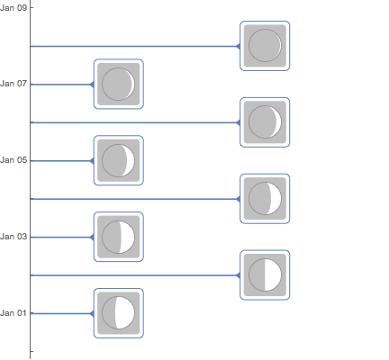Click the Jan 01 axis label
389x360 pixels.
[14, 313]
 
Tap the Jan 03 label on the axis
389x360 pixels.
[14, 237]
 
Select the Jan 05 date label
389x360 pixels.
[14, 160]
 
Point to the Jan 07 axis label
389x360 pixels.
[14, 84]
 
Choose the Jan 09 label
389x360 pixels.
[14, 7]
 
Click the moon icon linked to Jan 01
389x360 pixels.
[119, 313]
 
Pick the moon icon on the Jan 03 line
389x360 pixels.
[119, 237]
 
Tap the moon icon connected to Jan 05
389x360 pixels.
[119, 160]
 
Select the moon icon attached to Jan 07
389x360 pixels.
[119, 84]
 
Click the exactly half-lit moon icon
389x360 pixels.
[265, 275]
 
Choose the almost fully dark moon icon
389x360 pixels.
[265, 46]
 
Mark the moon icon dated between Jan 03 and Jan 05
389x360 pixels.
[265, 199]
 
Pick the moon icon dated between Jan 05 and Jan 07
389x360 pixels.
[265, 122]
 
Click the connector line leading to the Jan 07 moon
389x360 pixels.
[60, 85]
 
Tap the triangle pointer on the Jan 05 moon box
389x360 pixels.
[92, 161]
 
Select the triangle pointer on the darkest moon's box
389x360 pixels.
[239, 46]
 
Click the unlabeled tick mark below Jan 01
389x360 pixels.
[32, 351]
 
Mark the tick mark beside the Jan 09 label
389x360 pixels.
[32, 7]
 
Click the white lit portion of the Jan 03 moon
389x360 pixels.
[127, 237]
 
